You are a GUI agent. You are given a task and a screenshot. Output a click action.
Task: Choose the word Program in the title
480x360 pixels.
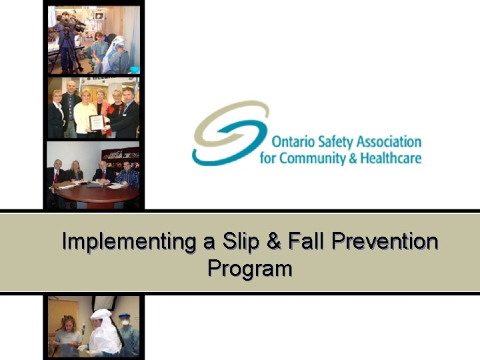point(250,268)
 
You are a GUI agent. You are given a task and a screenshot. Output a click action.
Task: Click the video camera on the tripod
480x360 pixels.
point(69,25)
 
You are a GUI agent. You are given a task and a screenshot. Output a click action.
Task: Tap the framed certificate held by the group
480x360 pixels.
point(97,122)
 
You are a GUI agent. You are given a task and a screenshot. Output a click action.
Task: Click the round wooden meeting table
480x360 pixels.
point(100,194)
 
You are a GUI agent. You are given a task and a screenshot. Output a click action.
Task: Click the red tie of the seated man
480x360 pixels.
point(57,176)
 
